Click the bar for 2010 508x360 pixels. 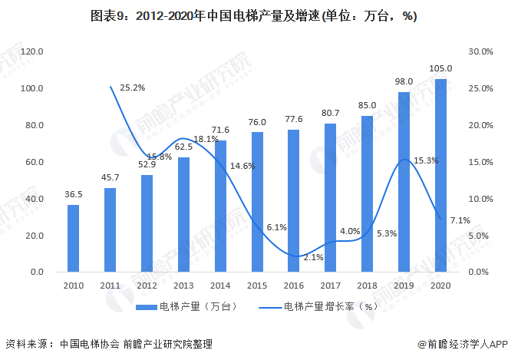pyautogui.click(x=73, y=239)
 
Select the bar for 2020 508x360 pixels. pyautogui.click(x=440, y=176)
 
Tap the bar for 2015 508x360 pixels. pyautogui.click(x=257, y=203)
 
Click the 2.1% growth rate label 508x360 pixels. pyautogui.click(x=313, y=257)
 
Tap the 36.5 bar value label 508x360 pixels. pyautogui.click(x=73, y=195)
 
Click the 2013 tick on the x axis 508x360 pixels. pyautogui.click(x=183, y=285)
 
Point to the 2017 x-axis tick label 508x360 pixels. pyautogui.click(x=330, y=285)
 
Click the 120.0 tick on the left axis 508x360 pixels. pyautogui.click(x=32, y=51)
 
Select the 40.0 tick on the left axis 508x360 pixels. pyautogui.click(x=35, y=199)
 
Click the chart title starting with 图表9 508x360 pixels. pyautogui.click(x=253, y=15)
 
